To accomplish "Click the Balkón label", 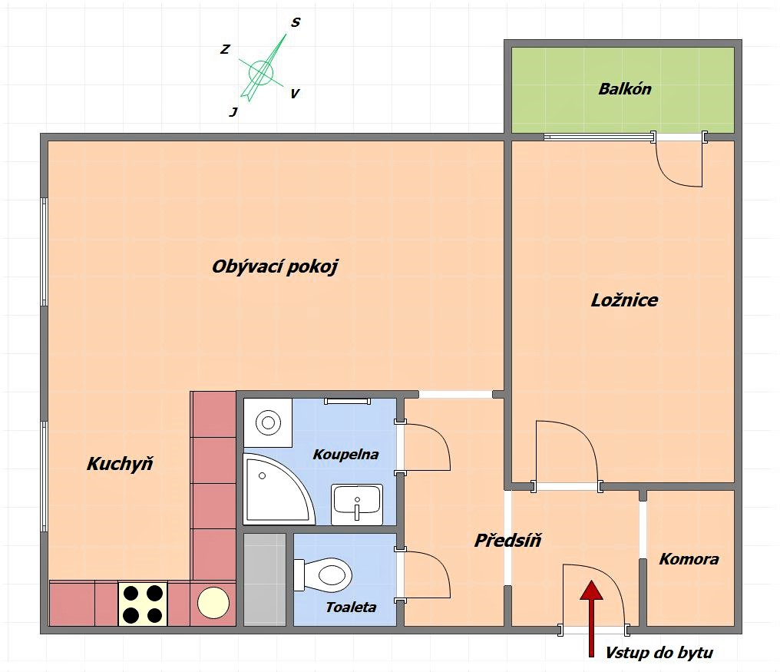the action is pyautogui.click(x=625, y=89).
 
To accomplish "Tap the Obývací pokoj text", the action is pyautogui.click(x=275, y=266).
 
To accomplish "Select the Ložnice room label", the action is pyautogui.click(x=624, y=300).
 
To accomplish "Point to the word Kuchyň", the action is pyautogui.click(x=120, y=463).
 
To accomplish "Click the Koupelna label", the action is pyautogui.click(x=345, y=455).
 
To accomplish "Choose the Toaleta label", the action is pyautogui.click(x=351, y=607).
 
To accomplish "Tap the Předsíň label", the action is pyautogui.click(x=508, y=540).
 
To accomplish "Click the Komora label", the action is pyautogui.click(x=689, y=559).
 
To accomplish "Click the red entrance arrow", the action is pyautogui.click(x=591, y=618).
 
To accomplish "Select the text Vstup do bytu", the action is pyautogui.click(x=659, y=653).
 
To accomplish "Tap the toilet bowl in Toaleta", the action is pyautogui.click(x=323, y=575).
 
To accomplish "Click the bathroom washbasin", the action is pyautogui.click(x=357, y=505).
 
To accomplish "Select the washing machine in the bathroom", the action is pyautogui.click(x=268, y=422).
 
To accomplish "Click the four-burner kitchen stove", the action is pyautogui.click(x=143, y=604).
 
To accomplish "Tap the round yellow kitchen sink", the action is pyautogui.click(x=213, y=603).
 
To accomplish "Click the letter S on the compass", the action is pyautogui.click(x=296, y=22).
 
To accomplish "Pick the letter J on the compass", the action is pyautogui.click(x=233, y=112).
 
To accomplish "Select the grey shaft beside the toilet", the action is pyautogui.click(x=265, y=579).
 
